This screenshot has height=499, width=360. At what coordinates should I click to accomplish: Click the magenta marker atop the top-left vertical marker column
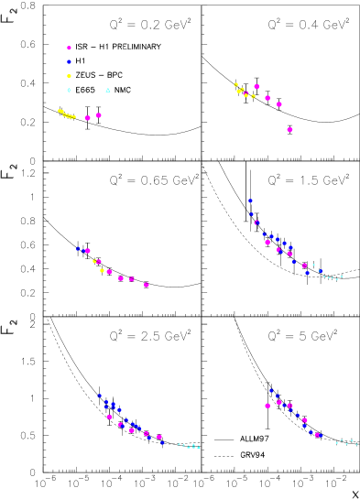69,48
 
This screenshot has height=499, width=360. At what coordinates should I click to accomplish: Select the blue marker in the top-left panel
69,61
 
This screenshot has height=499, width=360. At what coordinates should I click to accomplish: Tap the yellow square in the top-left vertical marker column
69,76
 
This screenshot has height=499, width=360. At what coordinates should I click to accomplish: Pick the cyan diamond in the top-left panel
69,90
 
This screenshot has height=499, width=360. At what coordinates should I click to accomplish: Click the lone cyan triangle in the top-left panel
108,90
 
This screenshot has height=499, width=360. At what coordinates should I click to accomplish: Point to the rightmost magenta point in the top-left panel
99,115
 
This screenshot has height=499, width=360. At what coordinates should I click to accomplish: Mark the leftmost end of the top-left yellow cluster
60,111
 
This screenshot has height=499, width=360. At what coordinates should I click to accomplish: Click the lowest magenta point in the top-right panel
289,130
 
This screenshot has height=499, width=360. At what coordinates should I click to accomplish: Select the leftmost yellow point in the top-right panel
235,84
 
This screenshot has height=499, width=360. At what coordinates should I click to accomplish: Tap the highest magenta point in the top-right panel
256,86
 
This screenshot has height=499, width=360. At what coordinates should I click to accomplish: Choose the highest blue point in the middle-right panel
250,201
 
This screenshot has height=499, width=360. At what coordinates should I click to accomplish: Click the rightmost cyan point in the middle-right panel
342,276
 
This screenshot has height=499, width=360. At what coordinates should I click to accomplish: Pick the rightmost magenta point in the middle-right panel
304,266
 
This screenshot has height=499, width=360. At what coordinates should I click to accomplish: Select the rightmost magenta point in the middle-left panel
147,285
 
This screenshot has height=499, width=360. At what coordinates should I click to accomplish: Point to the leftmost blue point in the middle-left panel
78,248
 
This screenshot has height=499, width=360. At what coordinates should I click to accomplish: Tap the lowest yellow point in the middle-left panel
102,270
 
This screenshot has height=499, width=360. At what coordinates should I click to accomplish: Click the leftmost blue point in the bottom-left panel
100,396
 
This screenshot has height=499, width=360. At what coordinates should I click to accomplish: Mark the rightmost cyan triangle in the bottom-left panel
199,447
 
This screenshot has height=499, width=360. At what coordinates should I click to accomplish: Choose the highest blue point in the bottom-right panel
271,390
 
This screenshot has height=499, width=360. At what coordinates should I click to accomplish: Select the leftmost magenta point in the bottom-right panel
267,406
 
